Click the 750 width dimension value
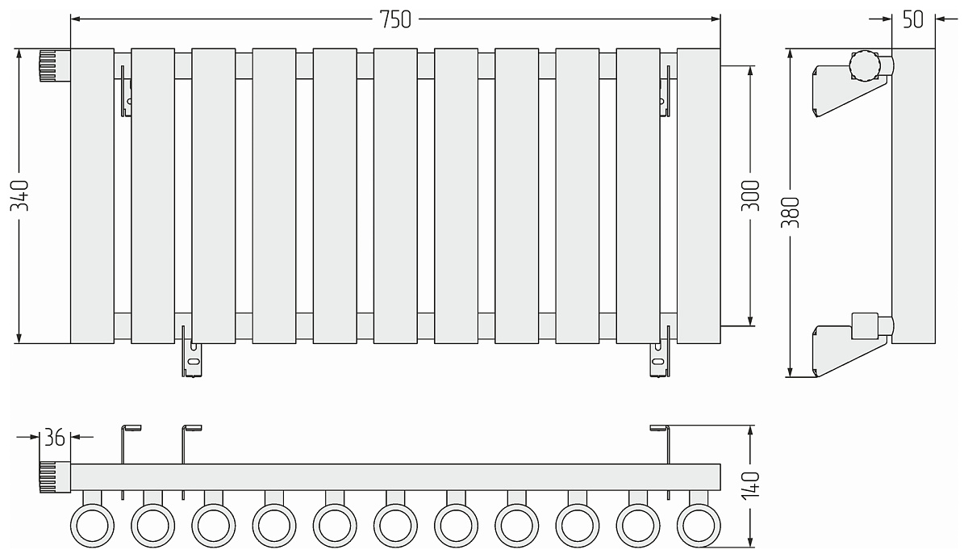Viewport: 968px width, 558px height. tap(395, 20)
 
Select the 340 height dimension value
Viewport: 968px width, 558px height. tap(19, 195)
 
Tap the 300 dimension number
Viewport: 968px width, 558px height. tap(750, 195)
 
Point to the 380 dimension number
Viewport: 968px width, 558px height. tap(791, 212)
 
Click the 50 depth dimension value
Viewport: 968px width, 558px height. tap(912, 20)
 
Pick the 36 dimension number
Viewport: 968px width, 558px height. tap(55, 438)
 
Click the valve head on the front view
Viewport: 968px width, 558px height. tap(55, 65)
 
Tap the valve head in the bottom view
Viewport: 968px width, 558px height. tap(55, 477)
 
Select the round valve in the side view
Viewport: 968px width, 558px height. tap(865, 65)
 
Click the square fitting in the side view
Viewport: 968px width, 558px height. tap(865, 325)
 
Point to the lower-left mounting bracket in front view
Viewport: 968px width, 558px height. tap(191, 351)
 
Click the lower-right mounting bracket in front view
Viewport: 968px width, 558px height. tap(660, 351)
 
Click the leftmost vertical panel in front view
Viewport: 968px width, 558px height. tap(93, 196)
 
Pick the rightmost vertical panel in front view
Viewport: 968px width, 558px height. tap(699, 196)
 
